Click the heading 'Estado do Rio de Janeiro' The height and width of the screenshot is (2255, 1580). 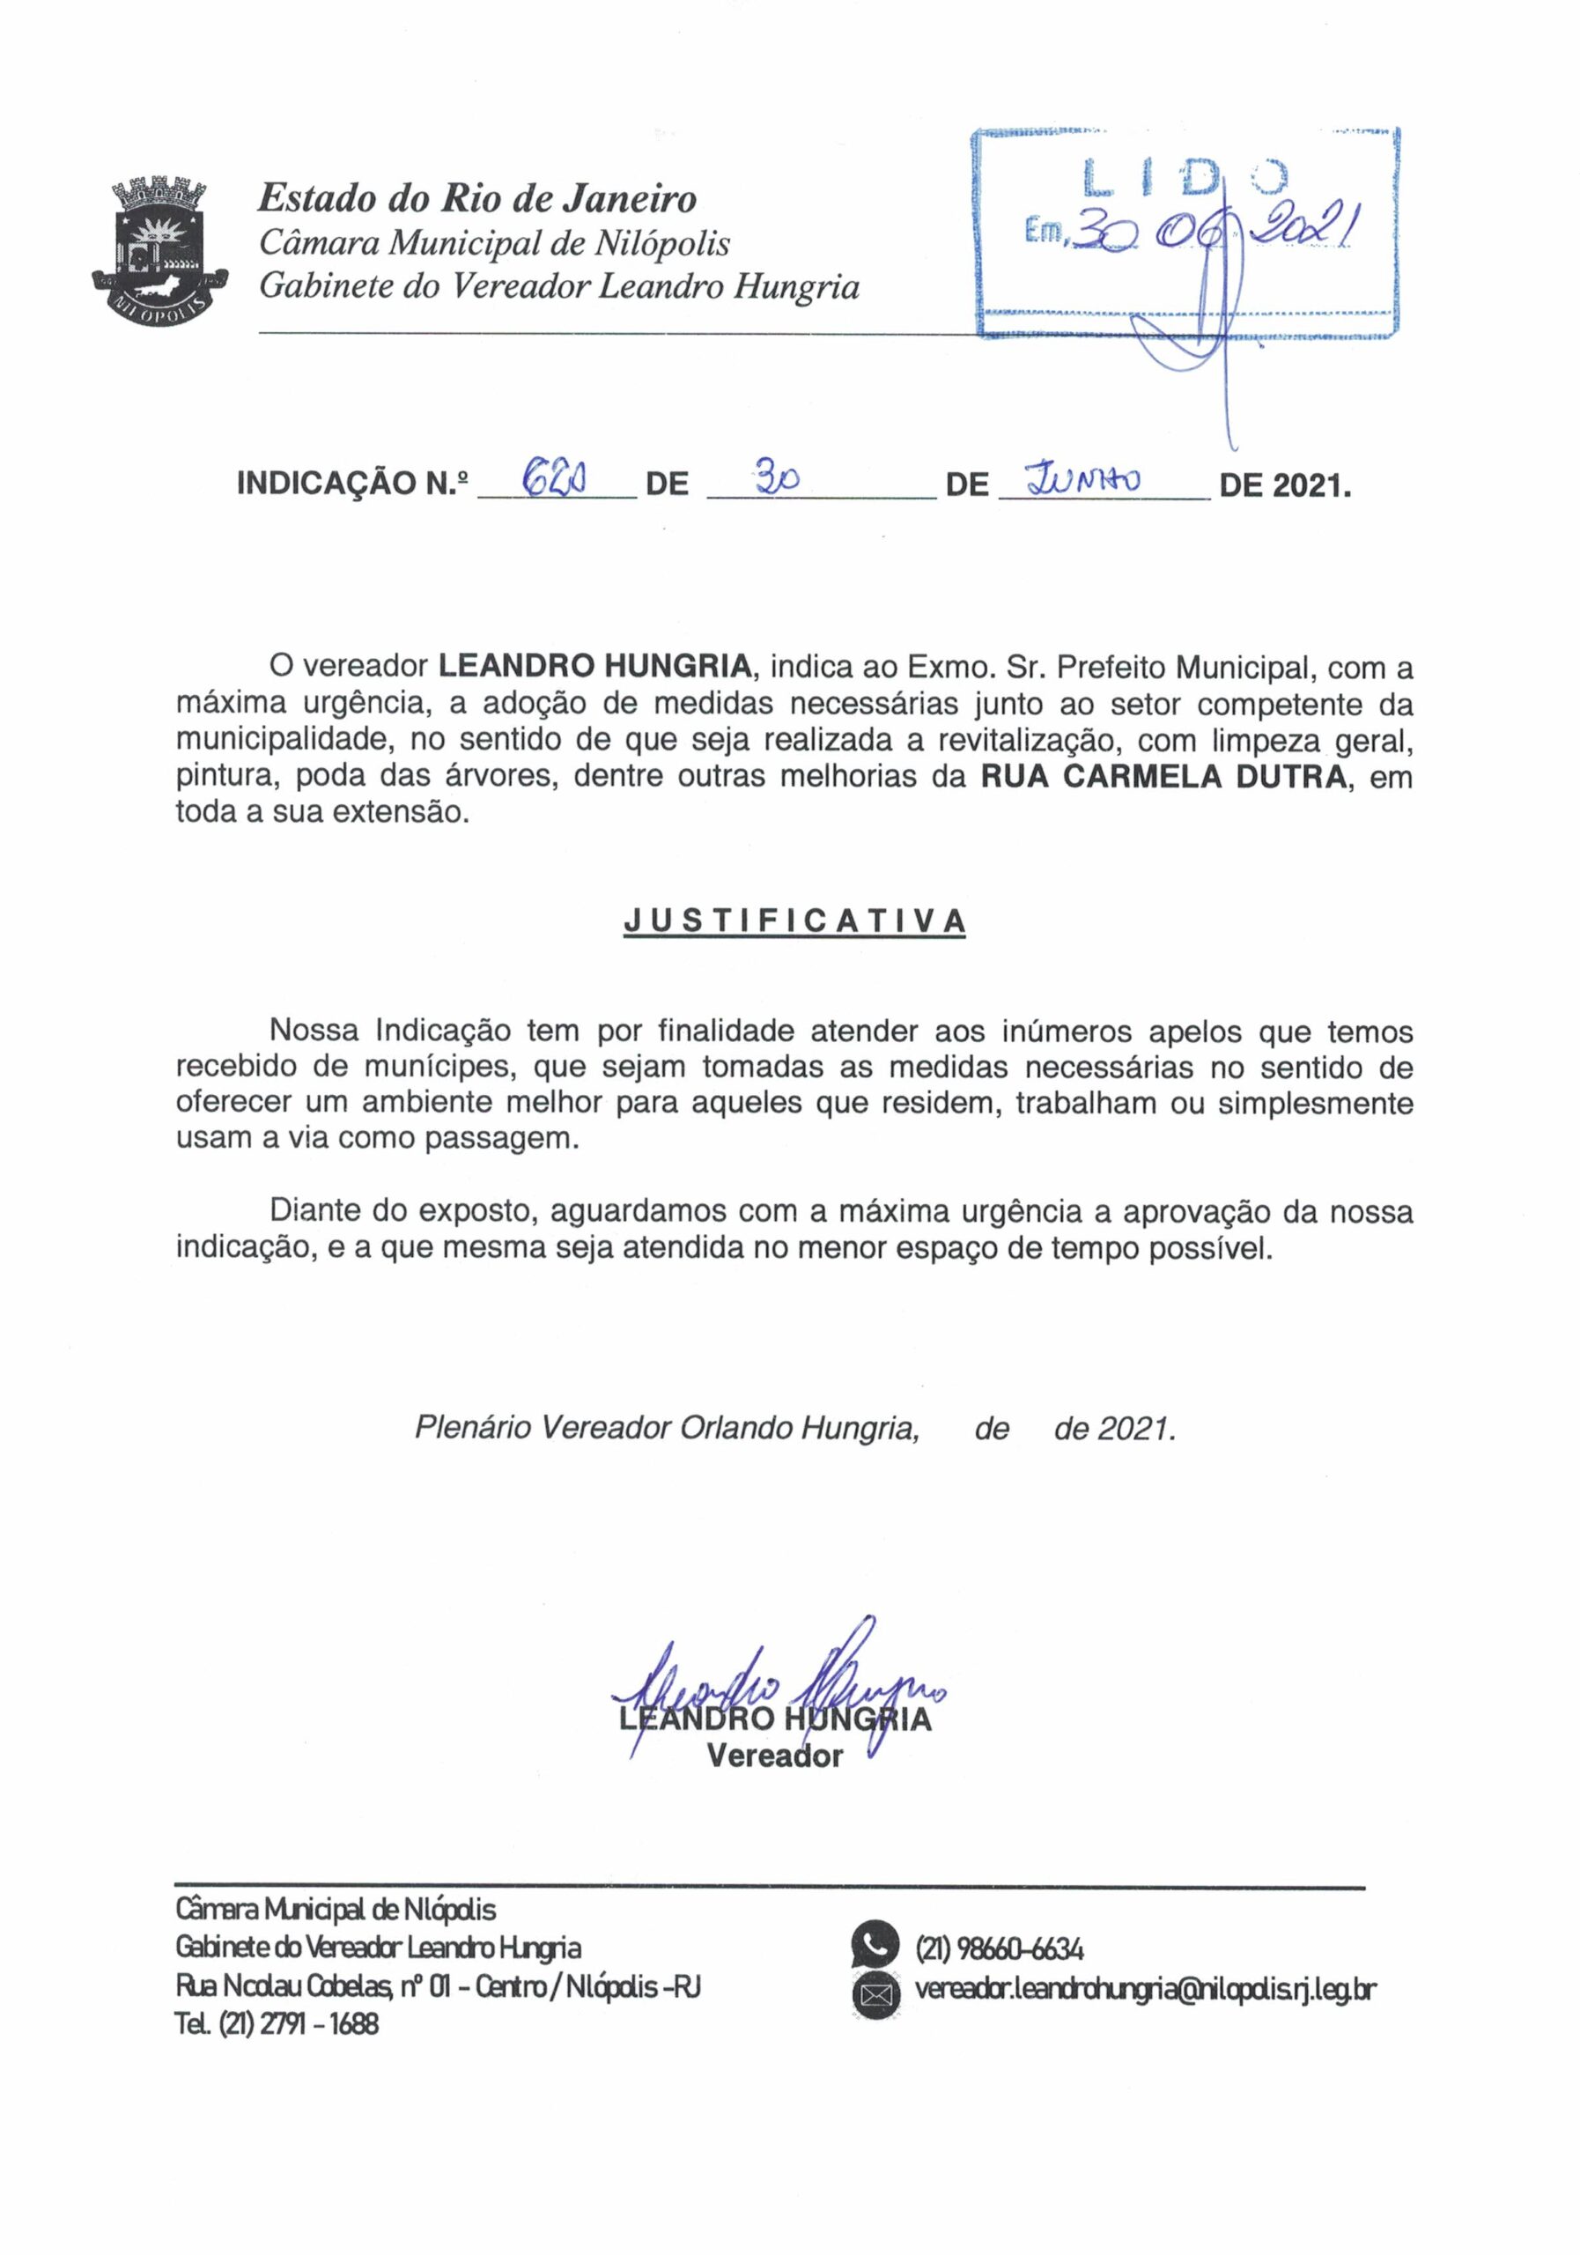pos(476,199)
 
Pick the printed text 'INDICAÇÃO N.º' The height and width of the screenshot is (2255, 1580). pos(352,484)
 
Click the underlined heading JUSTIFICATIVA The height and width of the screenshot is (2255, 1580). pos(794,920)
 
